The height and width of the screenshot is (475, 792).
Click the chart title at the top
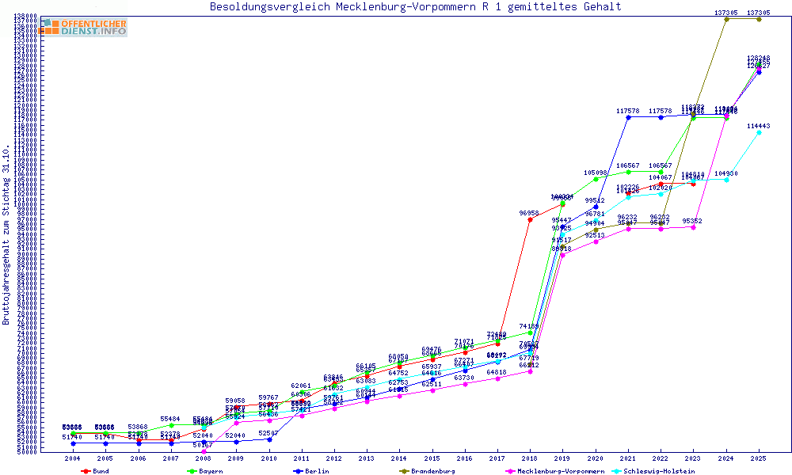coord(415,7)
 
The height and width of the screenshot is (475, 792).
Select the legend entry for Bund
coord(95,471)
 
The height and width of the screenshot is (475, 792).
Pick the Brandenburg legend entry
coord(427,471)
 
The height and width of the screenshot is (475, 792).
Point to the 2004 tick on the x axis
coord(73,458)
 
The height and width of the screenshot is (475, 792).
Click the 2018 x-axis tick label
coord(530,458)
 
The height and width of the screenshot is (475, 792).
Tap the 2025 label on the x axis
coord(759,458)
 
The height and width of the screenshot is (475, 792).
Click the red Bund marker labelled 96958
coord(530,219)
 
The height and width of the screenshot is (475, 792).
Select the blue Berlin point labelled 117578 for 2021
coord(628,117)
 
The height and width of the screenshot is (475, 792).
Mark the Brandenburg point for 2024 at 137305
coord(726,19)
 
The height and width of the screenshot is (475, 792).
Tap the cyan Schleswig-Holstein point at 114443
coord(759,132)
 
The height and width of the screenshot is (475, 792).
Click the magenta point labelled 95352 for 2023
coord(693,227)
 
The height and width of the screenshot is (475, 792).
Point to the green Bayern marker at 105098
coord(596,179)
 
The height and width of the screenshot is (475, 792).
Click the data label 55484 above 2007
coord(171,419)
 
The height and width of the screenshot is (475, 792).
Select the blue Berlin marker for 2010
coord(269,439)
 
